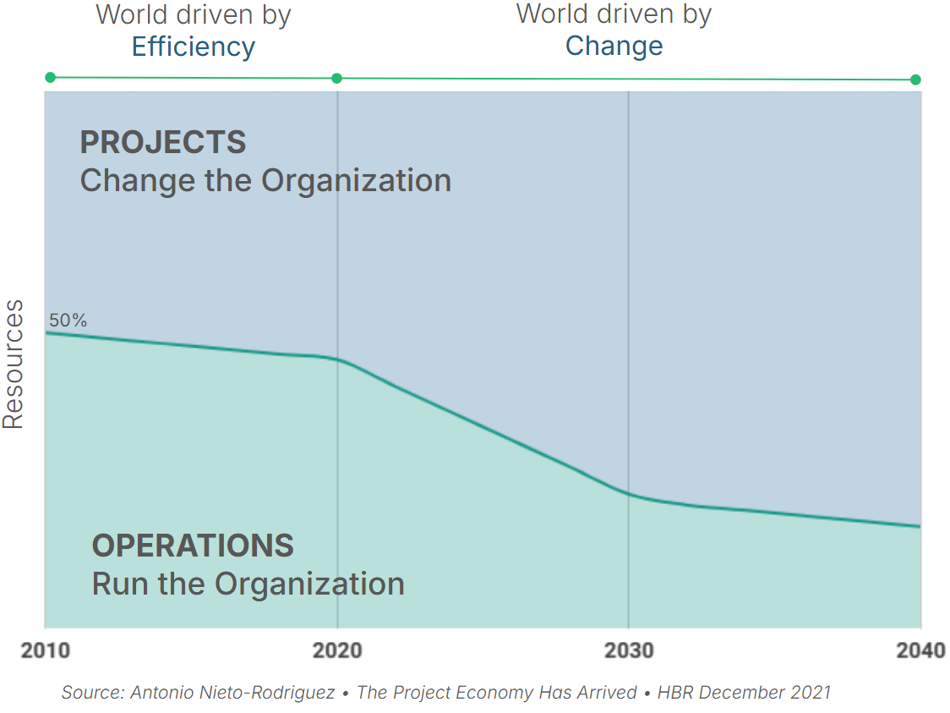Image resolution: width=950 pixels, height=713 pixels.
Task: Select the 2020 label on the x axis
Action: tap(337, 650)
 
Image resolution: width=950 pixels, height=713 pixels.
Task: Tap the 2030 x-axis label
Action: tap(629, 650)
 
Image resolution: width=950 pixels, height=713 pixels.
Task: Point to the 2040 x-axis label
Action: tap(920, 650)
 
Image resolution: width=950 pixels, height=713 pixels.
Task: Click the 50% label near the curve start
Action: tap(68, 321)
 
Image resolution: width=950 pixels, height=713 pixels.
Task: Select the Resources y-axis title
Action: tap(14, 365)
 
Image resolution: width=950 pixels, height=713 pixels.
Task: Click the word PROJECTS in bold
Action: tap(163, 142)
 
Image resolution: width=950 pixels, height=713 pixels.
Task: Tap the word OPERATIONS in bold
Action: tap(193, 546)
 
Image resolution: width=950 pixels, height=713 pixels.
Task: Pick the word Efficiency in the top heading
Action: tap(194, 47)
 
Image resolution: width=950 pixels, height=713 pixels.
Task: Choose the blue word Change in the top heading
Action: tap(614, 46)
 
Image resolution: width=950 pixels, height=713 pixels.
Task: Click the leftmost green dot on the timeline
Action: tap(50, 77)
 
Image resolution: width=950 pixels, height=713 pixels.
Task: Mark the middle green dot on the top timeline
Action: tap(336, 79)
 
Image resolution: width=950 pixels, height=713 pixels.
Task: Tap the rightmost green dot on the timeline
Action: tap(915, 80)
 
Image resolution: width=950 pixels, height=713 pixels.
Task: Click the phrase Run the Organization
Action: tap(248, 584)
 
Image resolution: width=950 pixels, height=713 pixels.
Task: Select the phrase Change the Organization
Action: tap(265, 180)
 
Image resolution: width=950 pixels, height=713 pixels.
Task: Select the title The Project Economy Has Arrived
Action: tap(496, 693)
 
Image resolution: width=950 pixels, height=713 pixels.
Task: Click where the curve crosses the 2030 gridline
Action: tap(629, 494)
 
